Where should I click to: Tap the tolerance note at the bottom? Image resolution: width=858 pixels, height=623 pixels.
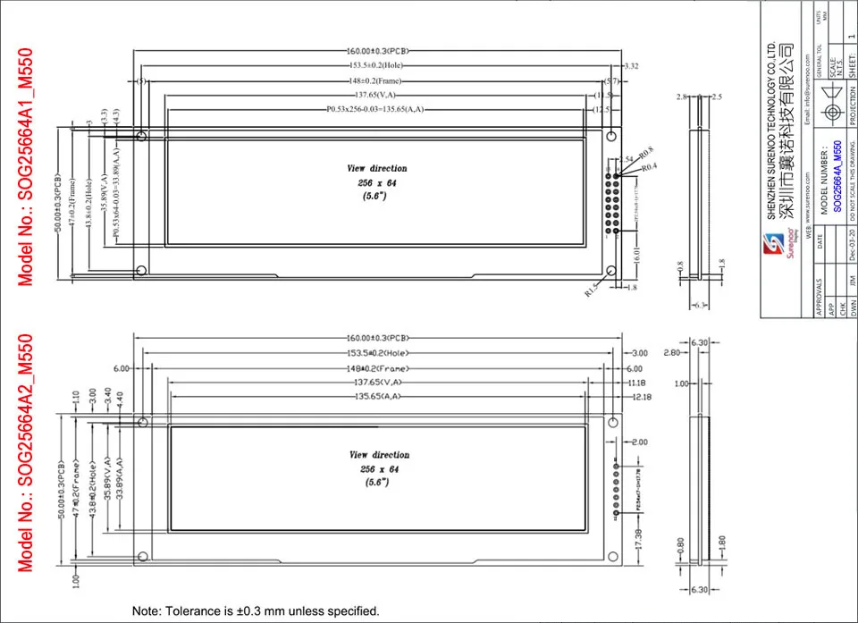click(x=256, y=611)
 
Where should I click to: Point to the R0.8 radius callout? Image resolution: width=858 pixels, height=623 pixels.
click(x=645, y=151)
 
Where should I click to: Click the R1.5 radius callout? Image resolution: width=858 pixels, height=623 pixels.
click(x=593, y=292)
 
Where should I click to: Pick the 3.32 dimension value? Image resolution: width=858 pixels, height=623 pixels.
click(x=630, y=66)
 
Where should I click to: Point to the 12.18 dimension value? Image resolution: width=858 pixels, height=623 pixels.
click(x=640, y=396)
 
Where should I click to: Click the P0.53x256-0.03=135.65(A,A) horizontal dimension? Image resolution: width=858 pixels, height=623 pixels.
click(x=374, y=109)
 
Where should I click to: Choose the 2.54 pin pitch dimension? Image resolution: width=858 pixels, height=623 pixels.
click(x=625, y=159)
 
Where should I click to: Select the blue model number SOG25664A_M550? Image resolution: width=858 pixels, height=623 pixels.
click(x=837, y=175)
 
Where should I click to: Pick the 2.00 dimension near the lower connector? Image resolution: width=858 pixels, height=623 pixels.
click(x=640, y=442)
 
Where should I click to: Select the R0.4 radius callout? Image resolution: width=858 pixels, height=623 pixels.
click(x=651, y=166)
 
